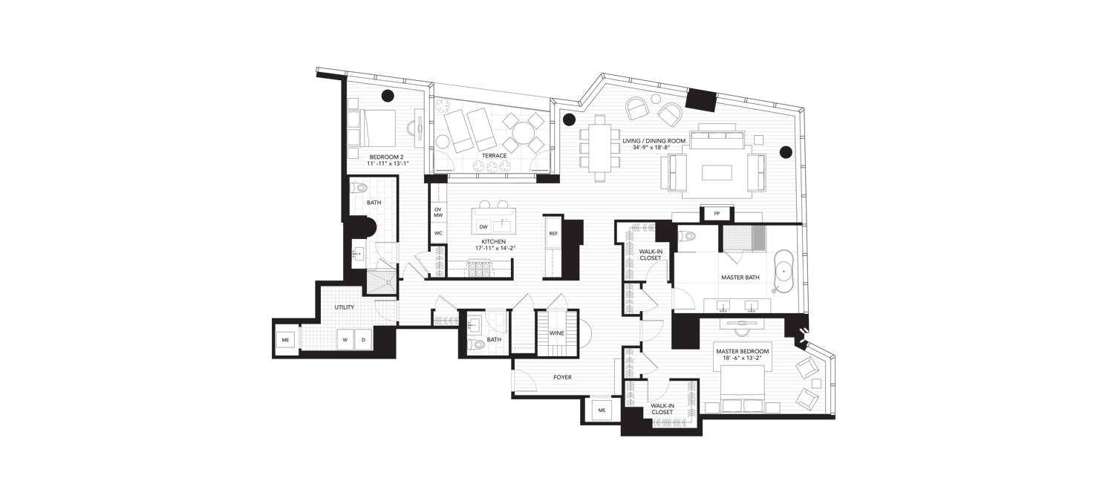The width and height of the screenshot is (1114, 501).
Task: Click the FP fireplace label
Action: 717,214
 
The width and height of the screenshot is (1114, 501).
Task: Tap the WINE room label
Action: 556,333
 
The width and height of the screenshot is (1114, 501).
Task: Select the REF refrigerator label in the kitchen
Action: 553,233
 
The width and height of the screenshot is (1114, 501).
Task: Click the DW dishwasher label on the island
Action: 483,227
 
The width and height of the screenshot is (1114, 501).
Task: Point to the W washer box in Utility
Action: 345,340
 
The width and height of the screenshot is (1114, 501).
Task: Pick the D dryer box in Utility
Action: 363,340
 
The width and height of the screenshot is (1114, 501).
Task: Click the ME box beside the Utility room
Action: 285,340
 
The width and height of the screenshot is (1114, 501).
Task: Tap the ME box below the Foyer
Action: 602,410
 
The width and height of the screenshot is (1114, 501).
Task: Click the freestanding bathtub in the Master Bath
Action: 785,271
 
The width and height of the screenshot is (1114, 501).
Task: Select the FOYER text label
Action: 562,377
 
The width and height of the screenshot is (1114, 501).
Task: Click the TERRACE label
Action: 495,156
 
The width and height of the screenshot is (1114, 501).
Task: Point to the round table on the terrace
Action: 523,133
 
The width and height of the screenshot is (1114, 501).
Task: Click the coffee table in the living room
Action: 717,172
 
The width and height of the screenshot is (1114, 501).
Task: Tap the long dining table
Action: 602,148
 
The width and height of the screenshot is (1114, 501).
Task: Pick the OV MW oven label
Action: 437,212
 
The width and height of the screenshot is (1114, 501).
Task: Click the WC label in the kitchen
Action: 437,233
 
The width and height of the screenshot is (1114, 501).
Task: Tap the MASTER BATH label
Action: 740,278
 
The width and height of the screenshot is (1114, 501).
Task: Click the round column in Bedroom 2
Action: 388,95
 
